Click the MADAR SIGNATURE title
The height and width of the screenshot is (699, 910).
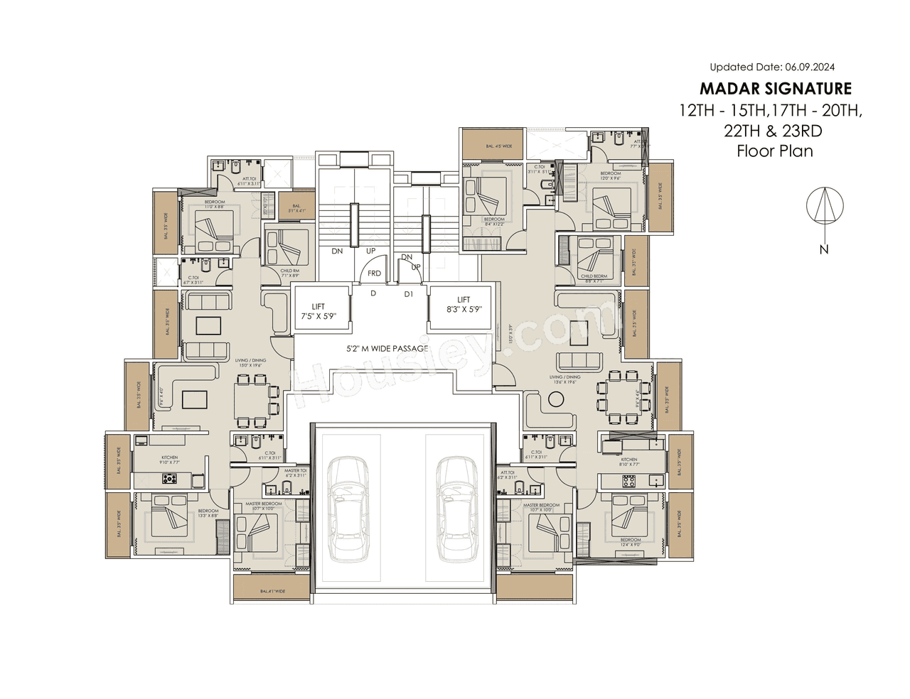tap(775, 89)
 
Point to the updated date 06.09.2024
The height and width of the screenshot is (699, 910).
tap(772, 67)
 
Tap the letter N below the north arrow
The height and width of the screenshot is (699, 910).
tap(824, 249)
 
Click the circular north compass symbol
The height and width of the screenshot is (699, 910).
tap(825, 206)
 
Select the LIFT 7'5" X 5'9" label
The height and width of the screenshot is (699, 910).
tap(318, 311)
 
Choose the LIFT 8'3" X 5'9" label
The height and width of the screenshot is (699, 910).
tap(464, 304)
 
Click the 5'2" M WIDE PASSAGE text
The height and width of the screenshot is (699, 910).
tap(387, 349)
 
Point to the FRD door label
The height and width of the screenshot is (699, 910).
tap(375, 273)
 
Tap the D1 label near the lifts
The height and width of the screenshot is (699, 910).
tap(409, 294)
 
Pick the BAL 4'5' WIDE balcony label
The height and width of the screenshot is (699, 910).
tap(498, 146)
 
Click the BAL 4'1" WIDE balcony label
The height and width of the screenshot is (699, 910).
tap(272, 591)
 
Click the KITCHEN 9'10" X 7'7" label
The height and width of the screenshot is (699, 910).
tap(169, 460)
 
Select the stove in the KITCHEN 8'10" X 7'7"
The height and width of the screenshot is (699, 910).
tap(629, 481)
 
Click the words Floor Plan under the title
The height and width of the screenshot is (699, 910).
tap(774, 151)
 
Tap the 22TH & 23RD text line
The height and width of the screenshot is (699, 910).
tap(773, 131)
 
